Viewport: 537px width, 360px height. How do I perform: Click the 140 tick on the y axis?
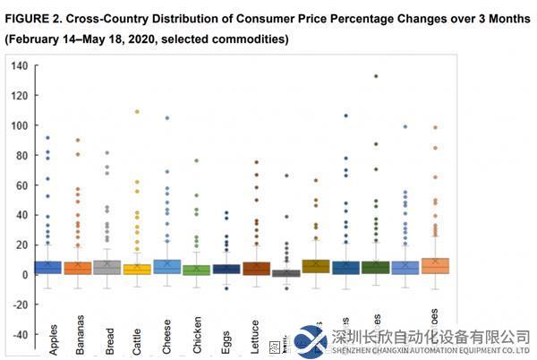point(19,65)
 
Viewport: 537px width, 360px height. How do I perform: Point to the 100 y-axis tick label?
point(19,125)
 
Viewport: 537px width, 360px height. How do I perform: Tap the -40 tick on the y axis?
point(19,334)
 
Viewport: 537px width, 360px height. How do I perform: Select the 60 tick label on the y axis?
point(21,184)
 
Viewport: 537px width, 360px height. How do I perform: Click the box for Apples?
point(47,267)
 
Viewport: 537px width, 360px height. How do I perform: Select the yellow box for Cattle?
point(137,269)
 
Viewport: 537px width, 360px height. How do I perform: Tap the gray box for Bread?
point(107,267)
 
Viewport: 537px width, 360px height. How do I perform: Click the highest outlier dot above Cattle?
point(137,112)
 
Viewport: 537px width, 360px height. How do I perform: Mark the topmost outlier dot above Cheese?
point(166,118)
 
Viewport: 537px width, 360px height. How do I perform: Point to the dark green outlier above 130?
point(376,76)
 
